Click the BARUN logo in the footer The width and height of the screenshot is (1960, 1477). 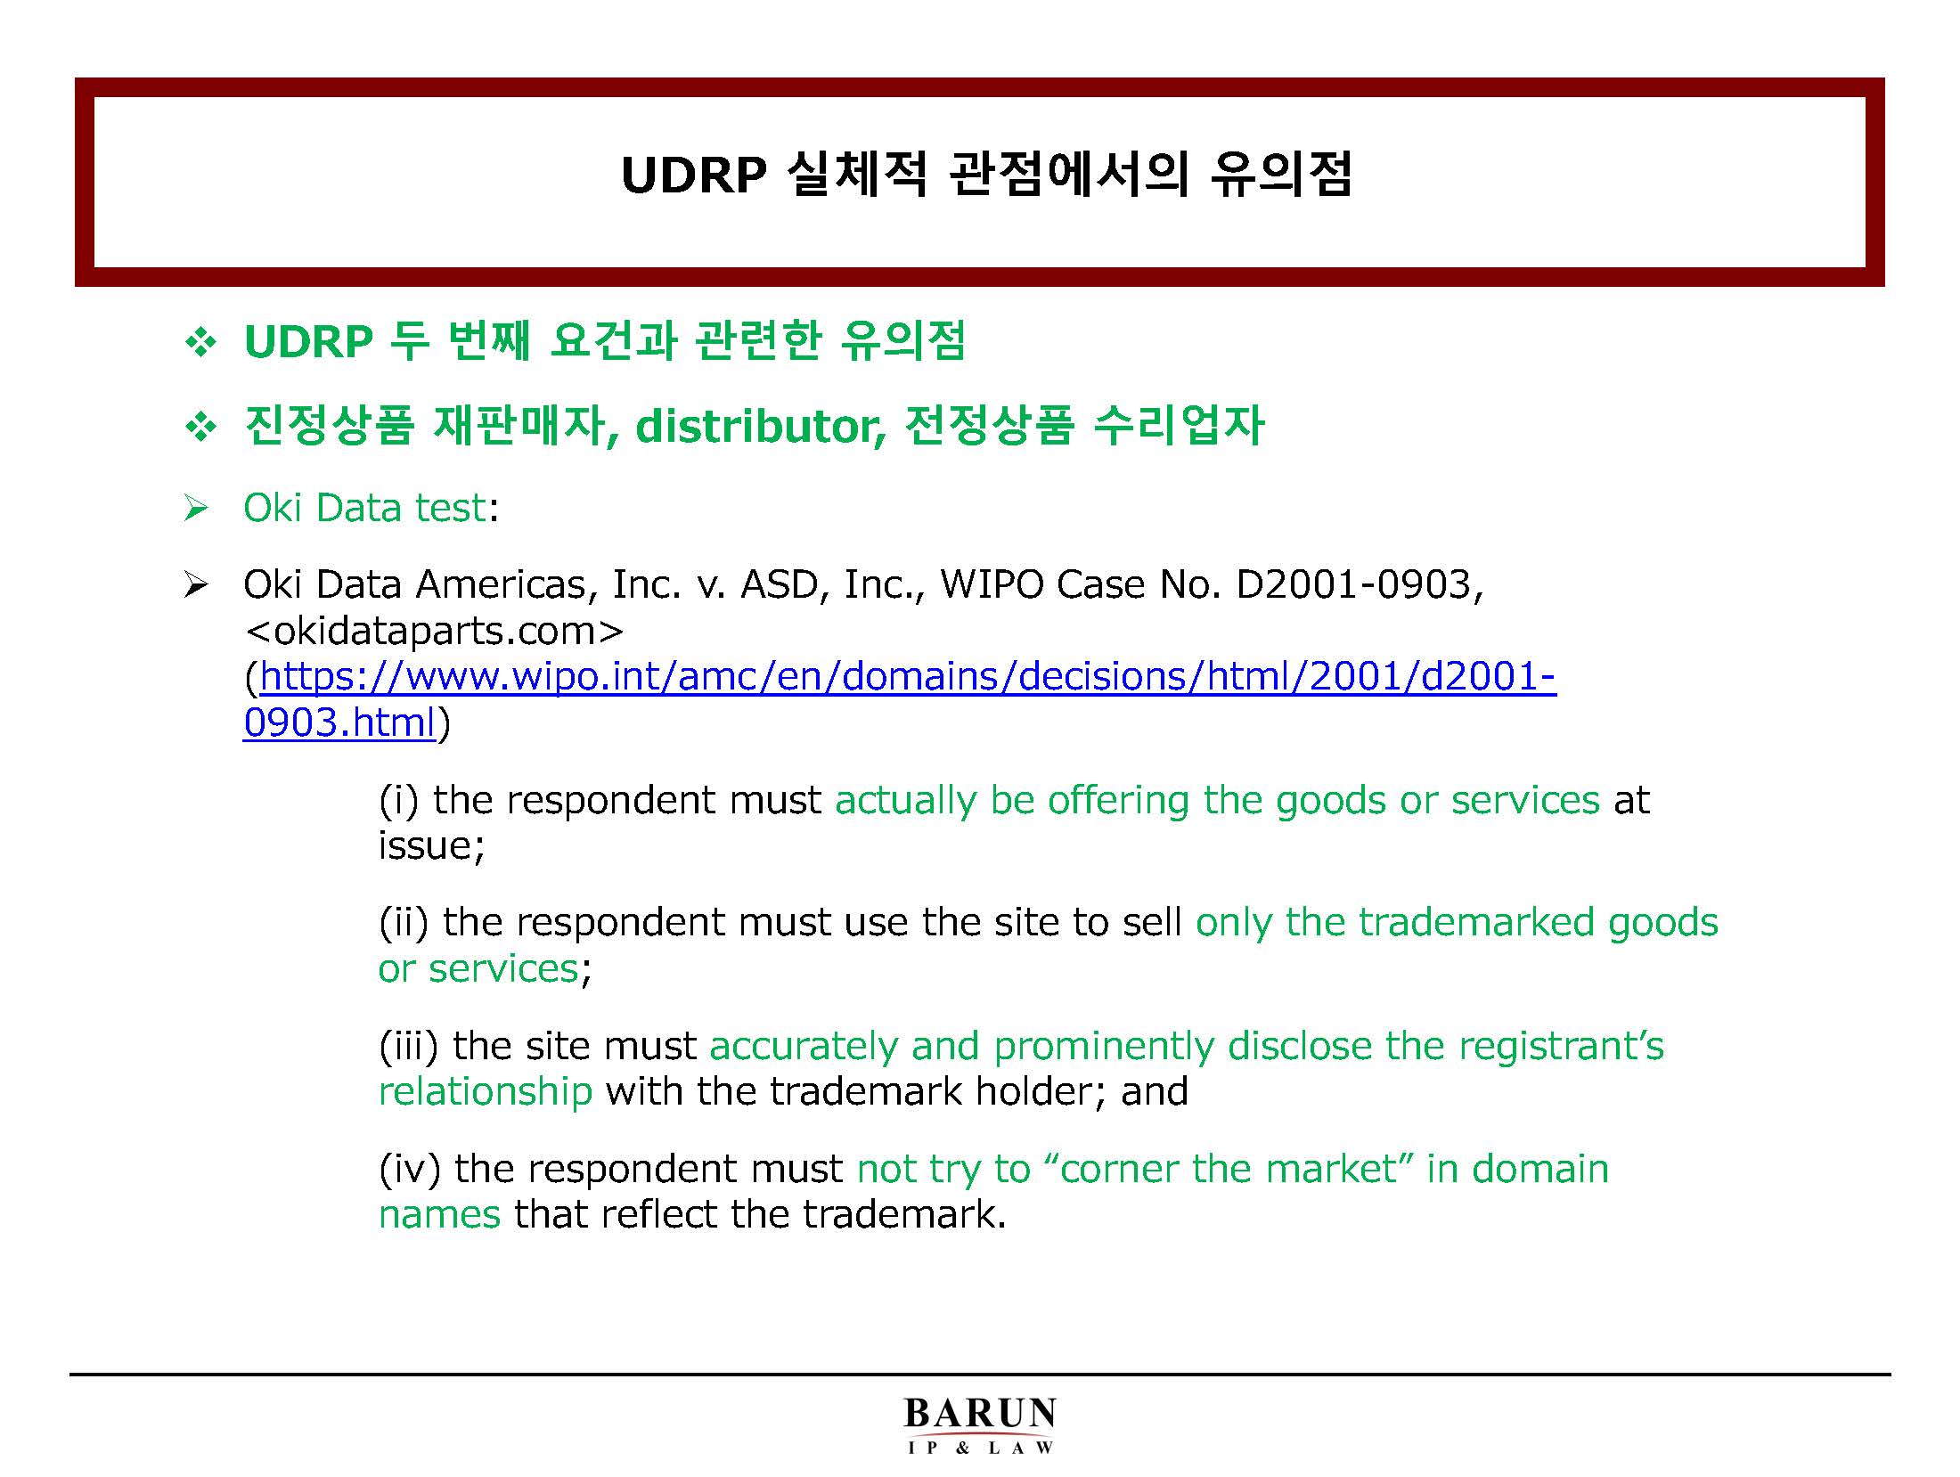click(x=980, y=1425)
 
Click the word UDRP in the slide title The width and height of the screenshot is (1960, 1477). click(x=694, y=175)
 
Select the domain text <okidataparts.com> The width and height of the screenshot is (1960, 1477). click(x=434, y=631)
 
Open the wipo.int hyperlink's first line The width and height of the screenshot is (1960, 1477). click(x=908, y=677)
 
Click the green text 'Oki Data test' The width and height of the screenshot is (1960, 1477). click(x=365, y=508)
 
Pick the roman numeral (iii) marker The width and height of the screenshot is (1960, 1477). click(x=409, y=1046)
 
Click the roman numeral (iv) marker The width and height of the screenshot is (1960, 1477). click(x=410, y=1169)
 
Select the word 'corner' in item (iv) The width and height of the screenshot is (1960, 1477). click(x=1119, y=1169)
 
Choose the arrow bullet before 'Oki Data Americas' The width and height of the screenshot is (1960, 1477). click(x=196, y=585)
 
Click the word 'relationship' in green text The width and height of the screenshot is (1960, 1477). click(x=486, y=1091)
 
